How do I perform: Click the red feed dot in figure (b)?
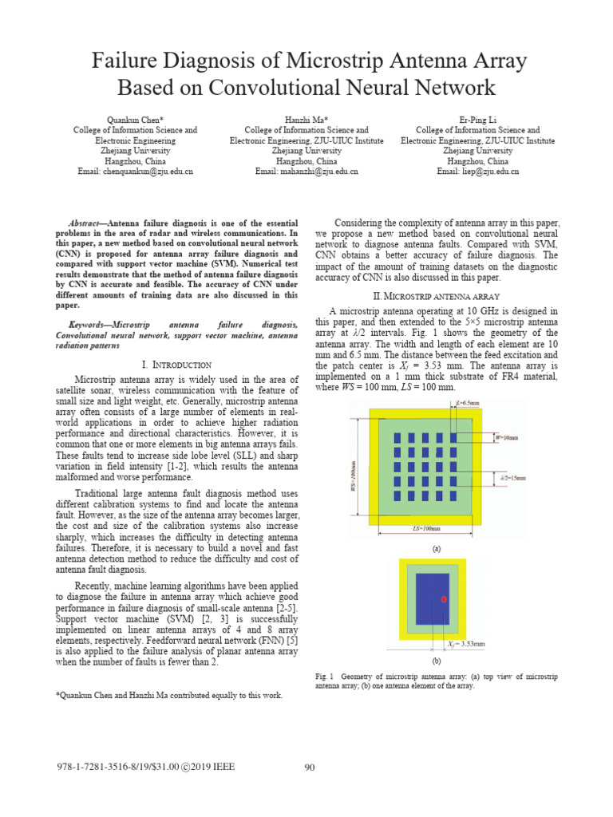click(x=444, y=598)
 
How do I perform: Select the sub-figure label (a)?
click(x=437, y=549)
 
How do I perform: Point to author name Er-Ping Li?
click(x=477, y=119)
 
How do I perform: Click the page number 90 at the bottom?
click(x=310, y=768)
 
